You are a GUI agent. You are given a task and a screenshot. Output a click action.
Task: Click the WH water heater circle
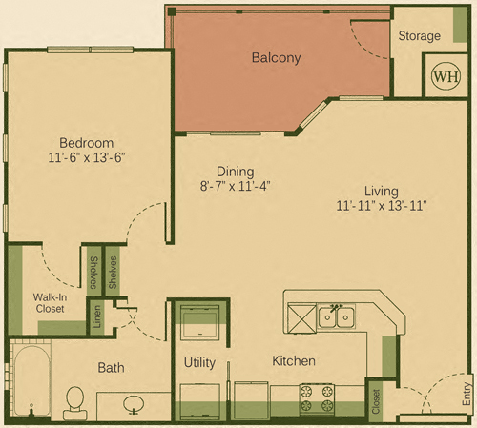(x=446, y=76)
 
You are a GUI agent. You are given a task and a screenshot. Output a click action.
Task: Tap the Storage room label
(x=420, y=36)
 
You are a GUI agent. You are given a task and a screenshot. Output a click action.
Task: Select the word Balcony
(x=276, y=58)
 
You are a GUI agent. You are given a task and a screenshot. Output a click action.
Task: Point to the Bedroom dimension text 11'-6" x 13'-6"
(x=87, y=157)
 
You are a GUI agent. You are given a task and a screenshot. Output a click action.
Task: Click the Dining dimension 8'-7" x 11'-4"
(x=235, y=186)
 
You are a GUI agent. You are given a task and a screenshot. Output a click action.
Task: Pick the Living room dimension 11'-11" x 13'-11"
(x=382, y=206)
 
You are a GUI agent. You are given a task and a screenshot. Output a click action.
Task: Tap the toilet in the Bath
(x=75, y=403)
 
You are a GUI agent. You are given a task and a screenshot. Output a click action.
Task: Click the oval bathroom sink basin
(x=134, y=404)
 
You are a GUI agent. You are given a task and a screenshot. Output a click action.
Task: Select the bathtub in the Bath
(x=31, y=380)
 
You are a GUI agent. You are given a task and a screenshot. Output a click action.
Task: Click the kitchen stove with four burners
(x=317, y=399)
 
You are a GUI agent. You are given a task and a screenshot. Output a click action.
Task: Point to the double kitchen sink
(x=336, y=316)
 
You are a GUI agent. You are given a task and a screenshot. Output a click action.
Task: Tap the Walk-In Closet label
(x=50, y=303)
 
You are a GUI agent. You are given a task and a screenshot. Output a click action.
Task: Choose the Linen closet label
(x=97, y=316)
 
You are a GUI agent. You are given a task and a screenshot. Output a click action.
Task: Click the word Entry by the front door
(x=467, y=394)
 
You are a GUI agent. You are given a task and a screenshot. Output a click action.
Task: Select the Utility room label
(x=199, y=362)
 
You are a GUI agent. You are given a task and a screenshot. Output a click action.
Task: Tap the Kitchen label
(x=294, y=361)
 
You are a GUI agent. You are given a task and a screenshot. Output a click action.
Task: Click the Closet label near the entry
(x=376, y=401)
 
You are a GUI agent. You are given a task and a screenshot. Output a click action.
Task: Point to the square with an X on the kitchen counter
(x=301, y=317)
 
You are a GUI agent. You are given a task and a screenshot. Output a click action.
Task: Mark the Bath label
(x=111, y=368)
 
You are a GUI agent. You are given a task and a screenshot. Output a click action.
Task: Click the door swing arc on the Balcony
(x=364, y=45)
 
